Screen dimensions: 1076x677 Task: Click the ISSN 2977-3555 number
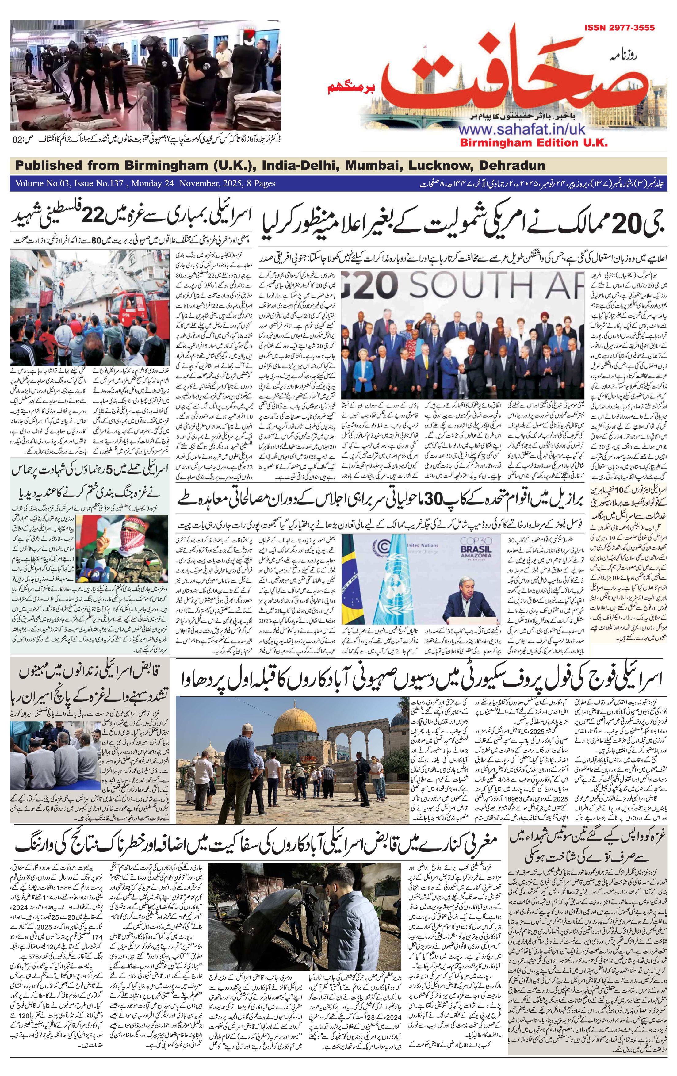619,28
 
